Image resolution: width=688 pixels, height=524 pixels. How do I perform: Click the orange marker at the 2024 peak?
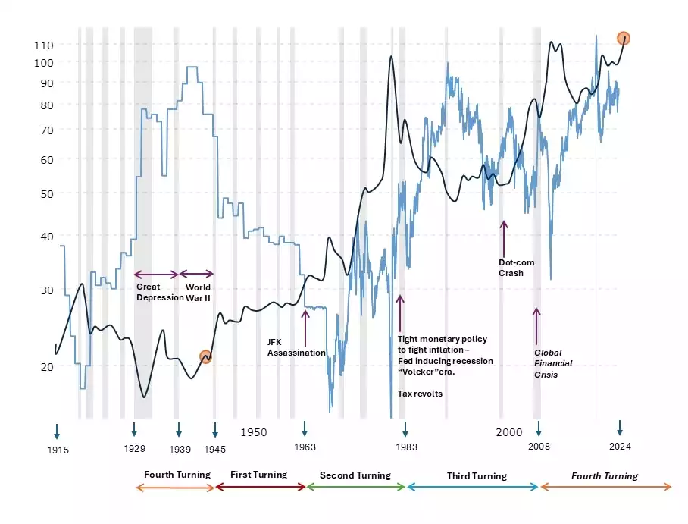point(624,38)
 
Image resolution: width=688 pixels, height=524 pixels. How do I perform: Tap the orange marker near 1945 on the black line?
point(205,356)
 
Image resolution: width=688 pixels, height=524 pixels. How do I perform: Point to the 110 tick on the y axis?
point(44,45)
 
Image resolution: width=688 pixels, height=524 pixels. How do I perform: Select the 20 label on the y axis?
point(46,366)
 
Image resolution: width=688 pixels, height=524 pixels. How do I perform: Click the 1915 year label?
point(58,450)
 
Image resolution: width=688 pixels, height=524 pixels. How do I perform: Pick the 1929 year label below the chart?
point(134,448)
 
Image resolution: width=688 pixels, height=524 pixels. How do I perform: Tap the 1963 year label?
point(305,447)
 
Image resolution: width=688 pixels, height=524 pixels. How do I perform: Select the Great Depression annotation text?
point(155,292)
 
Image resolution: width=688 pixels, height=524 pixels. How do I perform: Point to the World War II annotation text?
point(198,292)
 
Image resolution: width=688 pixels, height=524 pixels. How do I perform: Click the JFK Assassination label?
point(296,347)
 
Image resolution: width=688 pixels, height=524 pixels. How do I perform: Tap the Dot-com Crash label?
point(516,268)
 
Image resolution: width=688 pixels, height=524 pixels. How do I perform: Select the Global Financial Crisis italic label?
point(553,363)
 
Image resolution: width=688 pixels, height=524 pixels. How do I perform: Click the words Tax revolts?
point(421,394)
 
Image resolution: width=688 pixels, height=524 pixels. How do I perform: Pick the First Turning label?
point(258,475)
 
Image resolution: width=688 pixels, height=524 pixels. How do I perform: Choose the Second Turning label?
point(355,475)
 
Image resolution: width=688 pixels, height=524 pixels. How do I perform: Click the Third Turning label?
point(476,476)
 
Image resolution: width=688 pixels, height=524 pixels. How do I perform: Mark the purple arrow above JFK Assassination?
point(305,325)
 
